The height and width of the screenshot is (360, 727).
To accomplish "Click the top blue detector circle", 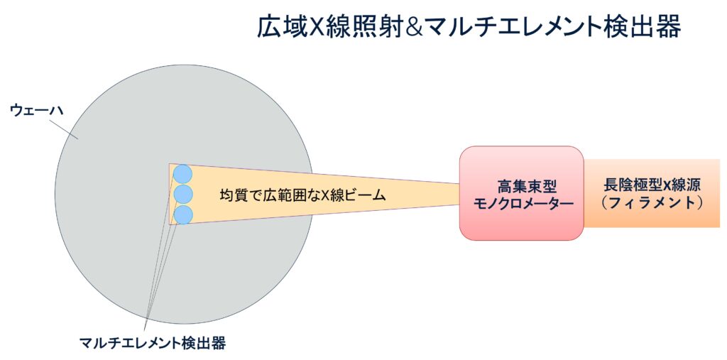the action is [182, 173].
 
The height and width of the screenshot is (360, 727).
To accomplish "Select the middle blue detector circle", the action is [182, 194].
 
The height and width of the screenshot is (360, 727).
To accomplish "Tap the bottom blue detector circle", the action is [182, 215].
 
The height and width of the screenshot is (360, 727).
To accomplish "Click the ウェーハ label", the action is [30, 111].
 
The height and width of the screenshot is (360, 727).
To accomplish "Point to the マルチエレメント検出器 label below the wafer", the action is [153, 343].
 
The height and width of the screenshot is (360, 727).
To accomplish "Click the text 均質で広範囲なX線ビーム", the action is [302, 195].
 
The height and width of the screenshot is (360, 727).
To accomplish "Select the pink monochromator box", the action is [522, 193].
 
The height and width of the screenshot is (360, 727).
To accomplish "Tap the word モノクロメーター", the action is [523, 204].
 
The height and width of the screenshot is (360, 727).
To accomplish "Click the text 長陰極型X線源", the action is [652, 185].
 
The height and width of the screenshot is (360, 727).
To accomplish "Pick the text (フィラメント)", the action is [652, 203].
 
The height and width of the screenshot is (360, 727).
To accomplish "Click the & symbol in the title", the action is [410, 27].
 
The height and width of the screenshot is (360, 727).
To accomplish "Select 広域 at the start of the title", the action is [283, 27].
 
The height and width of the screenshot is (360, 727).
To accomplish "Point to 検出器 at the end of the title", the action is [645, 27].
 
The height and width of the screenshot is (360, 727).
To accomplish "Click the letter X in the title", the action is [317, 27].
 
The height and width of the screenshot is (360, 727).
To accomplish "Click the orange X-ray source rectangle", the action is [652, 193].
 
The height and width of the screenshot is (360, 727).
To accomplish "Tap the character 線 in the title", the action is [338, 27].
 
